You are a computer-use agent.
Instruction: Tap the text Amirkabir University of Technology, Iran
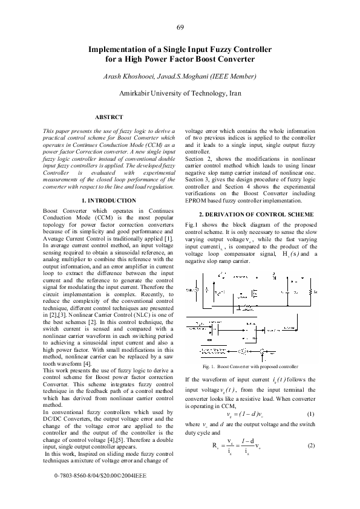tap(180, 94)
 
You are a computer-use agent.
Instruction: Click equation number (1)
tap(310, 413)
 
